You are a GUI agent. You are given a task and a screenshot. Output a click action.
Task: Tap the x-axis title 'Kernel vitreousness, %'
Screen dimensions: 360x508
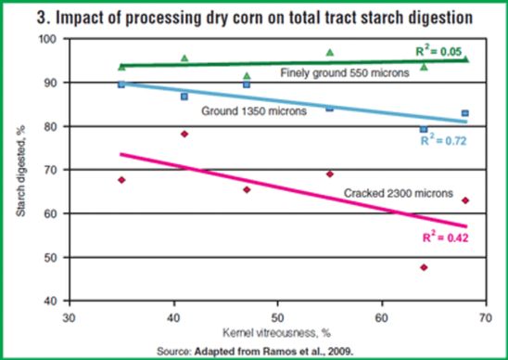pos(261,332)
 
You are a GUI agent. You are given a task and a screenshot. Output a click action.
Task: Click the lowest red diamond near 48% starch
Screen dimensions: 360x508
pos(424,267)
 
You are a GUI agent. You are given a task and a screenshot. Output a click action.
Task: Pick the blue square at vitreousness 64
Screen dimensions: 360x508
pos(424,130)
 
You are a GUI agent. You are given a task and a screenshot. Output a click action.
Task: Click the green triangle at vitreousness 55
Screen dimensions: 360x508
pos(329,53)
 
